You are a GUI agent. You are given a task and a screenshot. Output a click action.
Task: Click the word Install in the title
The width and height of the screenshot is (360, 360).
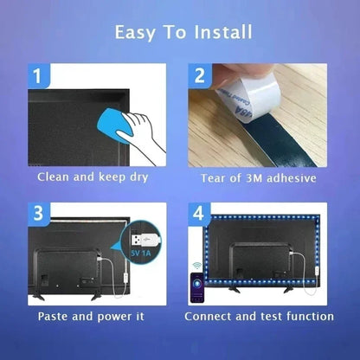point(222,33)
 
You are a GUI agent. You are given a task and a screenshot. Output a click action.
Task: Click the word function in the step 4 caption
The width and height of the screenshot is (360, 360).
point(307,316)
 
